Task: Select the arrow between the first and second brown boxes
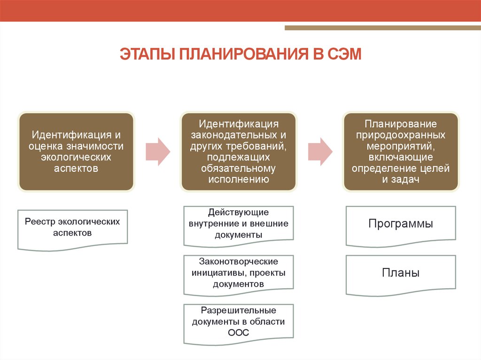(157, 151)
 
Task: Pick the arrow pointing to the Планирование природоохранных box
(320, 151)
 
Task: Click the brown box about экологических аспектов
(76, 151)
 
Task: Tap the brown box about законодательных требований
(238, 151)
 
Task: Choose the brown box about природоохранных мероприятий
(401, 151)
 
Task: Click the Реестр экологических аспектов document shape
(72, 229)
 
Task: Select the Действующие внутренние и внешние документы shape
(238, 225)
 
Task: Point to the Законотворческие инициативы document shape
(238, 274)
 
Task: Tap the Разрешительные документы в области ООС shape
(238, 323)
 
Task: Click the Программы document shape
(401, 225)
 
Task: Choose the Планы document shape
(401, 274)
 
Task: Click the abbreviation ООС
(238, 333)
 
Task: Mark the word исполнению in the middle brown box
(238, 179)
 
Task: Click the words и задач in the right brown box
(401, 179)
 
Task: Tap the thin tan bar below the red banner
(382, 28)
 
